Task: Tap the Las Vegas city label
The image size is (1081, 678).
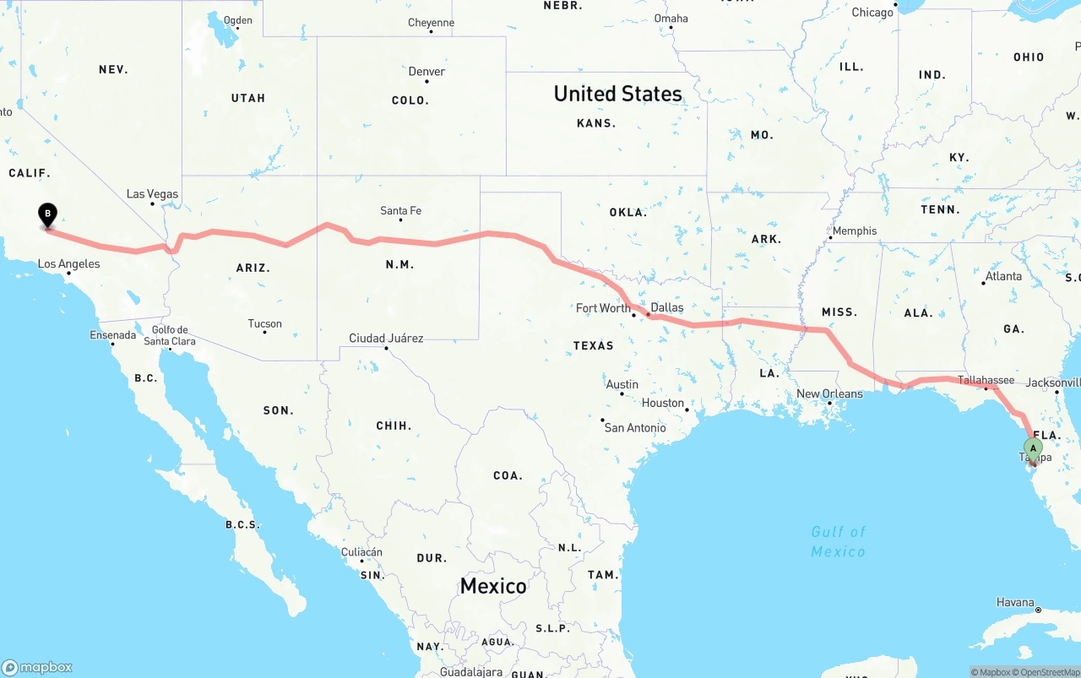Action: [x=152, y=194]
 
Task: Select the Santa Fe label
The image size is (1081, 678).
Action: [x=400, y=210]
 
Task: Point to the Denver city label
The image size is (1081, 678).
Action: [x=426, y=72]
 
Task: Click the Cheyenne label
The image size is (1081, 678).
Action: [x=431, y=23]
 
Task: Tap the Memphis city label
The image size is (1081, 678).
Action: [x=855, y=231]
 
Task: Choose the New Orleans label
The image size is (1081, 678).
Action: [x=829, y=393]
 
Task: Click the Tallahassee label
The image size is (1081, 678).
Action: [x=986, y=380]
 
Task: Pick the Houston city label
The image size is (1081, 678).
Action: [x=663, y=403]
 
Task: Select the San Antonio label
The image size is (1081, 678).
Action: [x=634, y=427]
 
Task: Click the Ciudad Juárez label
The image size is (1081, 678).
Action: [x=386, y=338]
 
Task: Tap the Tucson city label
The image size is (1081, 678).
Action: [x=265, y=323]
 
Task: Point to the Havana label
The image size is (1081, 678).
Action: [x=1015, y=602]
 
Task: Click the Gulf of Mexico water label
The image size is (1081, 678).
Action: [x=838, y=541]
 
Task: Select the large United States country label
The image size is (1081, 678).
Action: [x=617, y=94]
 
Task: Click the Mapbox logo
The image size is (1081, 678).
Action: [x=37, y=667]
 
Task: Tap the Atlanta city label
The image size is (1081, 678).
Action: [x=1003, y=276]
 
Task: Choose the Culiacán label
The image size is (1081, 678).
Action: [x=361, y=552]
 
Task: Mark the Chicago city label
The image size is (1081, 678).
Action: [x=872, y=12]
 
